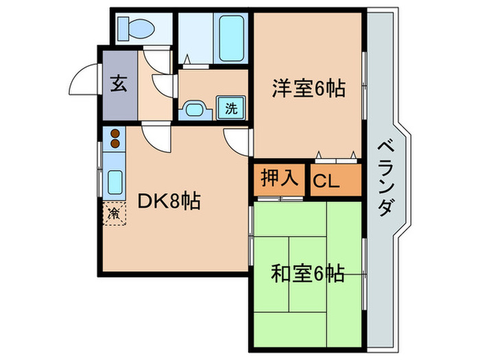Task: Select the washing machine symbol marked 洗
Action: pyautogui.click(x=231, y=107)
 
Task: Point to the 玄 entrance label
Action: pyautogui.click(x=119, y=85)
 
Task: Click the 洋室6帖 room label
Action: pyautogui.click(x=308, y=88)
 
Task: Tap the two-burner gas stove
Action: pyautogui.click(x=115, y=137)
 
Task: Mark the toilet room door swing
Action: pyautogui.click(x=156, y=59)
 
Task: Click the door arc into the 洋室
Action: pyautogui.click(x=237, y=141)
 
